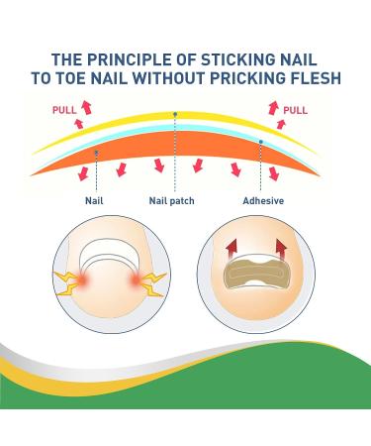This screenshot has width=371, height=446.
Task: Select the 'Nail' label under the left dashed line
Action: pos(95,198)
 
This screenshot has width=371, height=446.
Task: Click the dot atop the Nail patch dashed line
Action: pos(176,115)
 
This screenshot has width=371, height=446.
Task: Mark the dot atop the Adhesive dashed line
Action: pos(260,142)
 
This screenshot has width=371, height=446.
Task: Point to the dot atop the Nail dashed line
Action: pos(95,152)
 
